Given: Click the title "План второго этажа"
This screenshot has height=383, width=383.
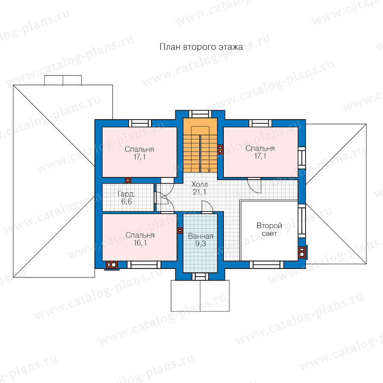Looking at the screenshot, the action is tap(201, 47).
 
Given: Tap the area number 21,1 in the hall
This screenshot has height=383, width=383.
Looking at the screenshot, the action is tap(199, 192).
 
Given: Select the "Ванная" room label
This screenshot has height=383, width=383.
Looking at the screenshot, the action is tap(200, 236).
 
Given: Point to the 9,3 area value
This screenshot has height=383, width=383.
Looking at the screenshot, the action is tap(200, 243).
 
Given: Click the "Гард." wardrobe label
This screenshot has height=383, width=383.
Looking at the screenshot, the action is tap(126, 194).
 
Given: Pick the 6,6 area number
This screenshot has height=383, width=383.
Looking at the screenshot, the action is tap(126, 202).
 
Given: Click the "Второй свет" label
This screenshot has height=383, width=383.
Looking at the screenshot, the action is tap(269, 229).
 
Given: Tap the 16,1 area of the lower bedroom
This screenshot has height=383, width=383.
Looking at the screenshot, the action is tap(140, 243).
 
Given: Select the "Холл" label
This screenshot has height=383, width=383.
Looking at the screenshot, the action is tap(200, 184).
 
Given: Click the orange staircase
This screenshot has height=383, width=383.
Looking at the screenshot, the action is tap(200, 146).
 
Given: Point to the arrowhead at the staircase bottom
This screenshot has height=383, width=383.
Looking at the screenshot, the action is tap(209, 170).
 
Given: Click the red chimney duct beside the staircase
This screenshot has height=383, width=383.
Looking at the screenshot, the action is tap(220, 149).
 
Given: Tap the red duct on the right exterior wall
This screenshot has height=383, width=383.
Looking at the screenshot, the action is tap(302, 252).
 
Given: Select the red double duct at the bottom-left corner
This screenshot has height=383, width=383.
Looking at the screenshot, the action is tap(111, 265).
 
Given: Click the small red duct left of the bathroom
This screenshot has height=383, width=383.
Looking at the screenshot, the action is tap(180, 230).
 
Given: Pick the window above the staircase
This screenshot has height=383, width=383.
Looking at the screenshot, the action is tap(200, 114).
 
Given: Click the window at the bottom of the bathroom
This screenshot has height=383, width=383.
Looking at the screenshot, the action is tap(200, 277).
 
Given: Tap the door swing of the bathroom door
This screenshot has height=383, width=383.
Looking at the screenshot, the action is tap(208, 206).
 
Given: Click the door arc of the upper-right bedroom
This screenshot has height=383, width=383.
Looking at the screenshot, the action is tap(254, 186).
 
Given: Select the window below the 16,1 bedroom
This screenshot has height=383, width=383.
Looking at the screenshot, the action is tap(144, 265).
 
